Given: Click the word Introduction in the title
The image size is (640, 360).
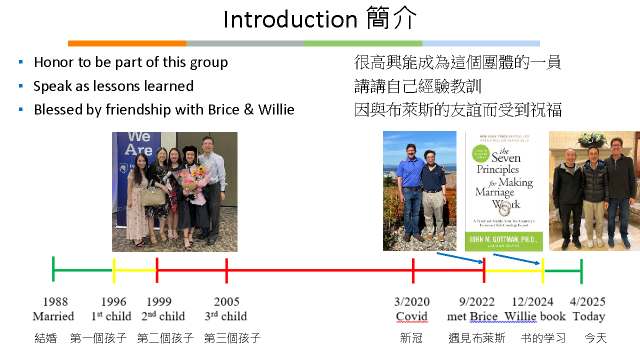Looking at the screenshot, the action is pos(290,19).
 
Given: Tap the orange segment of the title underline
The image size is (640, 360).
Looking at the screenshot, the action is pos(127,43).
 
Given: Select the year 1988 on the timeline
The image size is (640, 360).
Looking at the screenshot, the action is pos(55,301).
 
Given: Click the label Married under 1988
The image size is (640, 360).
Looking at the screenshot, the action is pos(53,316).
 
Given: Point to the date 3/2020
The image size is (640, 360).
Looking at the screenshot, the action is pos(412,301).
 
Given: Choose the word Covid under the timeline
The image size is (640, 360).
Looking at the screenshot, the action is pos(411,316).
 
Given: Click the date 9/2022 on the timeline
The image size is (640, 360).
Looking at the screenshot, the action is pos(477,301).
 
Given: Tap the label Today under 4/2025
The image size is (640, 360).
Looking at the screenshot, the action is pos(589,316).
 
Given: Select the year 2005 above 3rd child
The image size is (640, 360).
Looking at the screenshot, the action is pos(226,301).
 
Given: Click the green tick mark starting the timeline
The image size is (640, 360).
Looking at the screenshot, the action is pos(53,269).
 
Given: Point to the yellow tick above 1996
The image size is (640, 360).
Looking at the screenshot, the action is pos(114,270).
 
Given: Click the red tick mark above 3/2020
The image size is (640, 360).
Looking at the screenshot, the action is pos(413,270).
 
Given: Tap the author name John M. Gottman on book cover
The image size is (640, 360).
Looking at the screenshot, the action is pos(503,239).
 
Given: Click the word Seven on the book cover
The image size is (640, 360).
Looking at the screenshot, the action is pos(506,157).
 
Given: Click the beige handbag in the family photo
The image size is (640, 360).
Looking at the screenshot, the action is pos(153,195).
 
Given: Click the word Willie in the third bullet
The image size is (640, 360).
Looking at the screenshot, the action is pos(276,109).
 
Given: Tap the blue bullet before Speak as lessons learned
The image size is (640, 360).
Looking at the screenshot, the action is pos(20,85).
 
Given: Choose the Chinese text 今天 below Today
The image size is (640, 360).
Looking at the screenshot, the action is pos(595,338).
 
